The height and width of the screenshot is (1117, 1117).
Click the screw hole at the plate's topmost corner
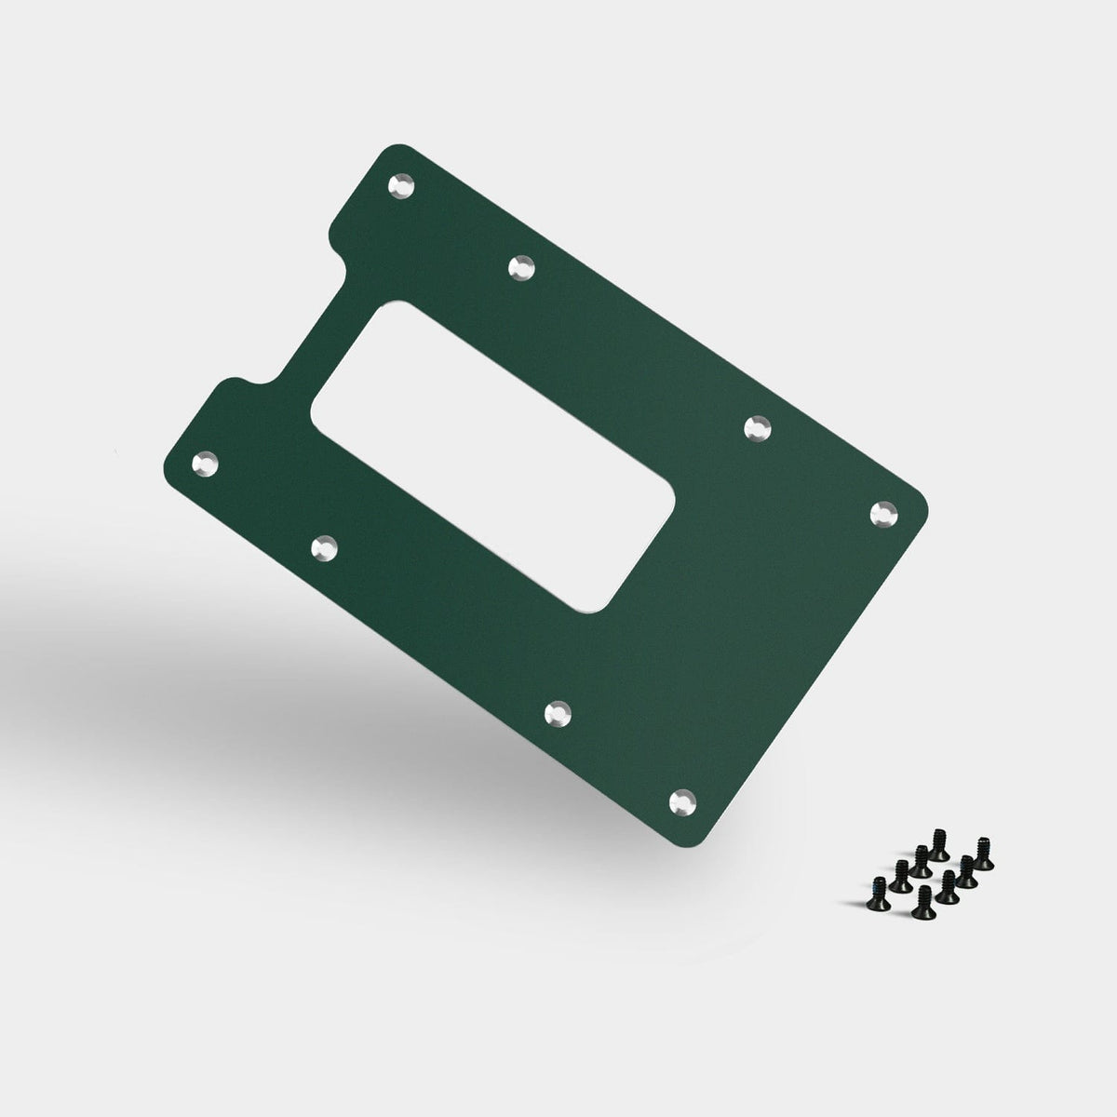click(x=401, y=185)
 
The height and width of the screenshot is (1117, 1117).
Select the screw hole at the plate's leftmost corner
click(x=204, y=463)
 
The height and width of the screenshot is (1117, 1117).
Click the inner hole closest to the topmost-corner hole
click(x=522, y=268)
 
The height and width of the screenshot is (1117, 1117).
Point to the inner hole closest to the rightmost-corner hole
click(x=760, y=428)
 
